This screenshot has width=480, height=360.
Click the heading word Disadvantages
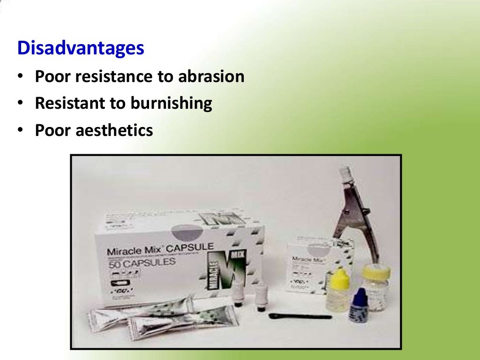click(x=81, y=48)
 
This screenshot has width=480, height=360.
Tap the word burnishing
click(x=171, y=103)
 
